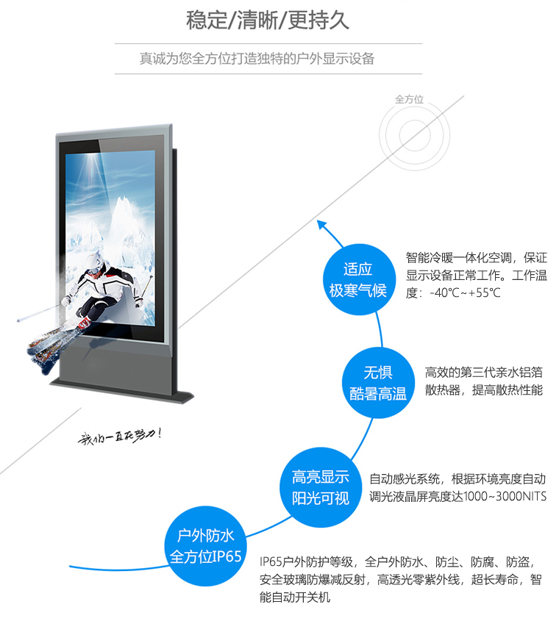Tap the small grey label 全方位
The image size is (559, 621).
coord(410,99)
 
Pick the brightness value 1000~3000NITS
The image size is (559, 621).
coord(505,497)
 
